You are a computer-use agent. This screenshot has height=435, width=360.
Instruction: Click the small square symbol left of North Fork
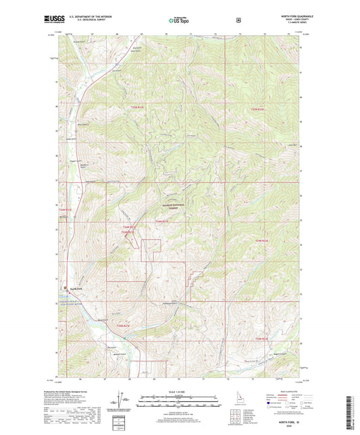65,286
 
